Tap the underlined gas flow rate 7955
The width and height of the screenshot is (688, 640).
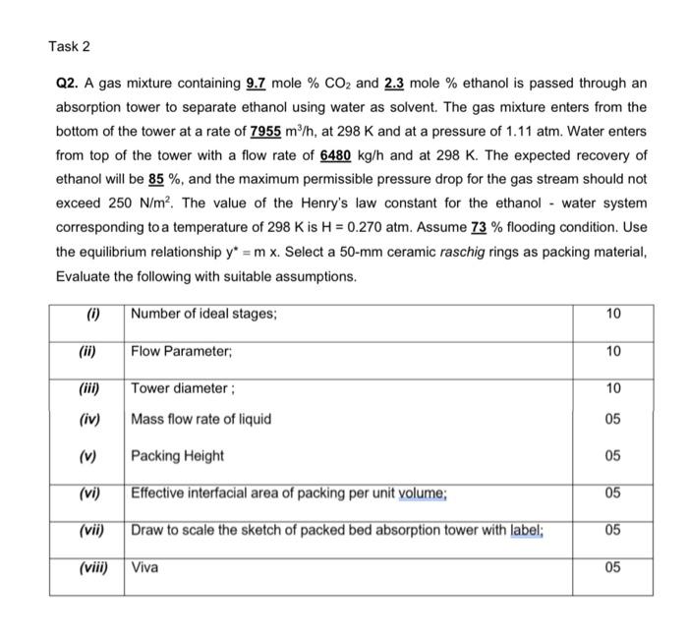coord(266,132)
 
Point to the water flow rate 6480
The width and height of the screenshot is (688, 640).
coord(337,155)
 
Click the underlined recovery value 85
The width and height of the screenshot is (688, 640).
coord(155,180)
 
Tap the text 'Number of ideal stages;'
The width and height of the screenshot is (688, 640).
coord(203,314)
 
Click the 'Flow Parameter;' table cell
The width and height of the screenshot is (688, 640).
coord(178,351)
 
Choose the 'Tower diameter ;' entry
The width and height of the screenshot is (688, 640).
coord(180,388)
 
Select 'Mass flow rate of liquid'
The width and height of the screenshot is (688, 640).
coord(201,420)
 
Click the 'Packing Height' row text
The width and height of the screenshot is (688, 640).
coord(177,455)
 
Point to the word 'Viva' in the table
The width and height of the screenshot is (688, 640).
coord(144,567)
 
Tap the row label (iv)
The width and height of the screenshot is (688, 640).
coord(88,420)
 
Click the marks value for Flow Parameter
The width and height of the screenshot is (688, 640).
coord(613,351)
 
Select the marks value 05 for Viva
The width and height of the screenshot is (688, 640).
coord(613,567)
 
